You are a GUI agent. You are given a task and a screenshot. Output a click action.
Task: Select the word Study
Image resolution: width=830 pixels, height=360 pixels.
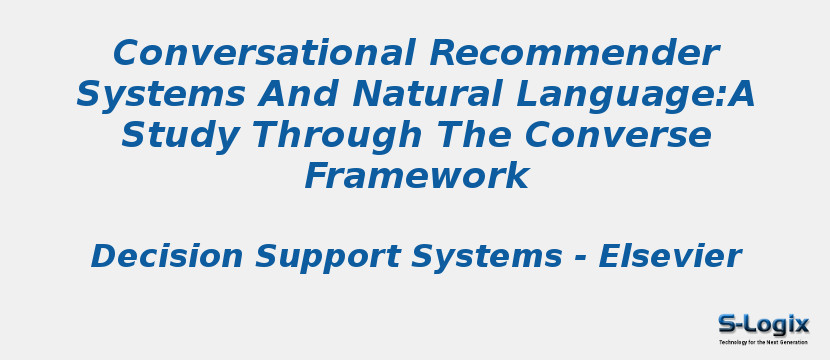tap(172, 136)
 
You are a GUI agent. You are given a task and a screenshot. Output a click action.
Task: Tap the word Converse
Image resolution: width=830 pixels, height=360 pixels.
tap(619, 135)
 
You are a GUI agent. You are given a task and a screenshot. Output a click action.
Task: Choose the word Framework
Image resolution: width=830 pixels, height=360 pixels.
tap(416, 177)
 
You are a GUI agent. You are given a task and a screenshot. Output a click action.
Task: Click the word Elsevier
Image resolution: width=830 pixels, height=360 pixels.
tap(669, 257)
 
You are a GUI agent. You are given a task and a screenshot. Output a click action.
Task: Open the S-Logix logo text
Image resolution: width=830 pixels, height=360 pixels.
tap(763, 324)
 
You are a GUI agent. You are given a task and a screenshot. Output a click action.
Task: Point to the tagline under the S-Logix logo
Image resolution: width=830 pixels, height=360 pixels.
tap(763, 342)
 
